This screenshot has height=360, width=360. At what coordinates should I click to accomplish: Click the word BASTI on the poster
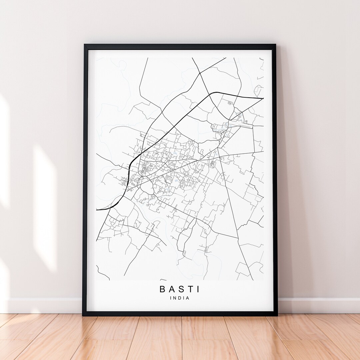pyautogui.click(x=180, y=289)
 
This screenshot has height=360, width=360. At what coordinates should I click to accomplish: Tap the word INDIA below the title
pyautogui.click(x=180, y=298)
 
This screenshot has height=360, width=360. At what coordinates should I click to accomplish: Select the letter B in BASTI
pyautogui.click(x=163, y=289)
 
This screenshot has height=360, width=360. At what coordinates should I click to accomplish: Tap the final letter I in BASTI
pyautogui.click(x=198, y=289)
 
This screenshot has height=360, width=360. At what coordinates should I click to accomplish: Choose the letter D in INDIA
pyautogui.click(x=180, y=298)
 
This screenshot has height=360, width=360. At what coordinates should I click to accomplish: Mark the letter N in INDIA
pyautogui.click(x=175, y=298)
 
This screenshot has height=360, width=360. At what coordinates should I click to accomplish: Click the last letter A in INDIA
pyautogui.click(x=188, y=298)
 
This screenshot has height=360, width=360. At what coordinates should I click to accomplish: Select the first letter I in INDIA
pyautogui.click(x=171, y=298)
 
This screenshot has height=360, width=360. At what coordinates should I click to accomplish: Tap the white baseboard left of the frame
pyautogui.click(x=43, y=305)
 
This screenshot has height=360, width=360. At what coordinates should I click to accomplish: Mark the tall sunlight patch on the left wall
pyautogui.click(x=45, y=207)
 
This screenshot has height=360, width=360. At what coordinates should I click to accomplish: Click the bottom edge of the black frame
pyautogui.click(x=180, y=314)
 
